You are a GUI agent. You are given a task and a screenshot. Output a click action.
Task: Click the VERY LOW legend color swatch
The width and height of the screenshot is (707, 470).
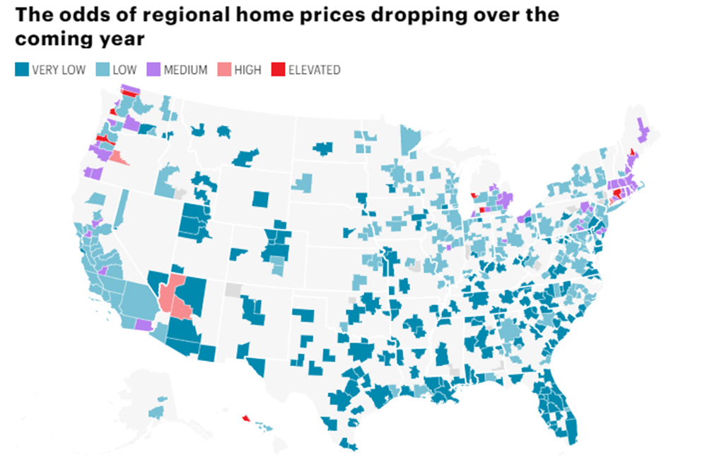click(x=21, y=69)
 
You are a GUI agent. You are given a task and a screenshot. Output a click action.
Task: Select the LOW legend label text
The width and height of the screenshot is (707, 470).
click(x=124, y=69)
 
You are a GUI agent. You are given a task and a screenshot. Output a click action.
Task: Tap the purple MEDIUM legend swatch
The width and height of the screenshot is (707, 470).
click(x=152, y=69)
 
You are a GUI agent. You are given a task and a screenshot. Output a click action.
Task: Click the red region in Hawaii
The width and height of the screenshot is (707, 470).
click(x=245, y=418)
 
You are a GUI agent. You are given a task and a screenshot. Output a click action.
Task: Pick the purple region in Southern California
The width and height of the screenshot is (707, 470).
click(x=144, y=324)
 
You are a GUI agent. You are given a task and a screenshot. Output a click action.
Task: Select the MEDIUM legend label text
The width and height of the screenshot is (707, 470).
click(x=185, y=69)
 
